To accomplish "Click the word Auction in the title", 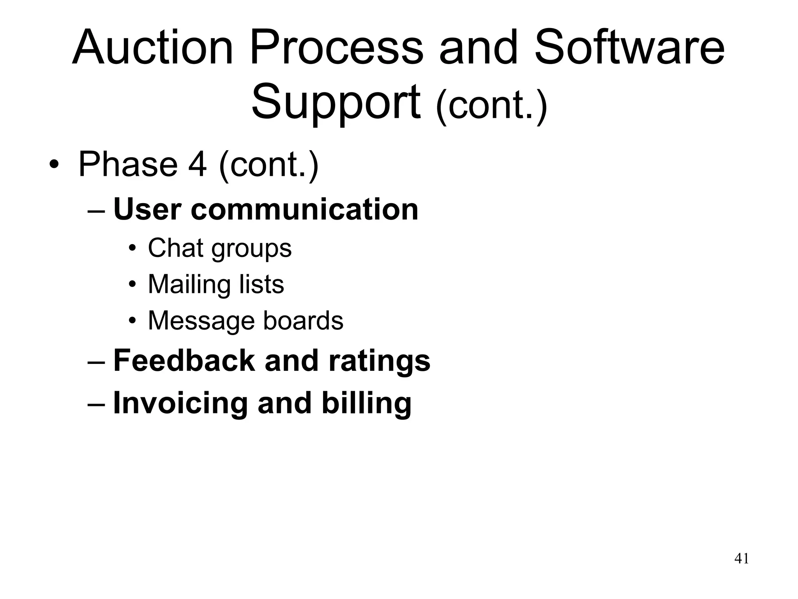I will click(152, 48).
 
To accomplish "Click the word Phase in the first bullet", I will click(128, 164).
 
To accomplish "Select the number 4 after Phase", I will click(197, 164).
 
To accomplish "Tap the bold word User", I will click(147, 209).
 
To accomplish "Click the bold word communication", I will click(304, 209).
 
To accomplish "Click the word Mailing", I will click(189, 284).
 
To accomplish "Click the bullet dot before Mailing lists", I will click(132, 284).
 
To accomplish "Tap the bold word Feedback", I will click(184, 360).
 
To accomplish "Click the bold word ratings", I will click(379, 360).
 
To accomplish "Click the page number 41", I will click(741, 558).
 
